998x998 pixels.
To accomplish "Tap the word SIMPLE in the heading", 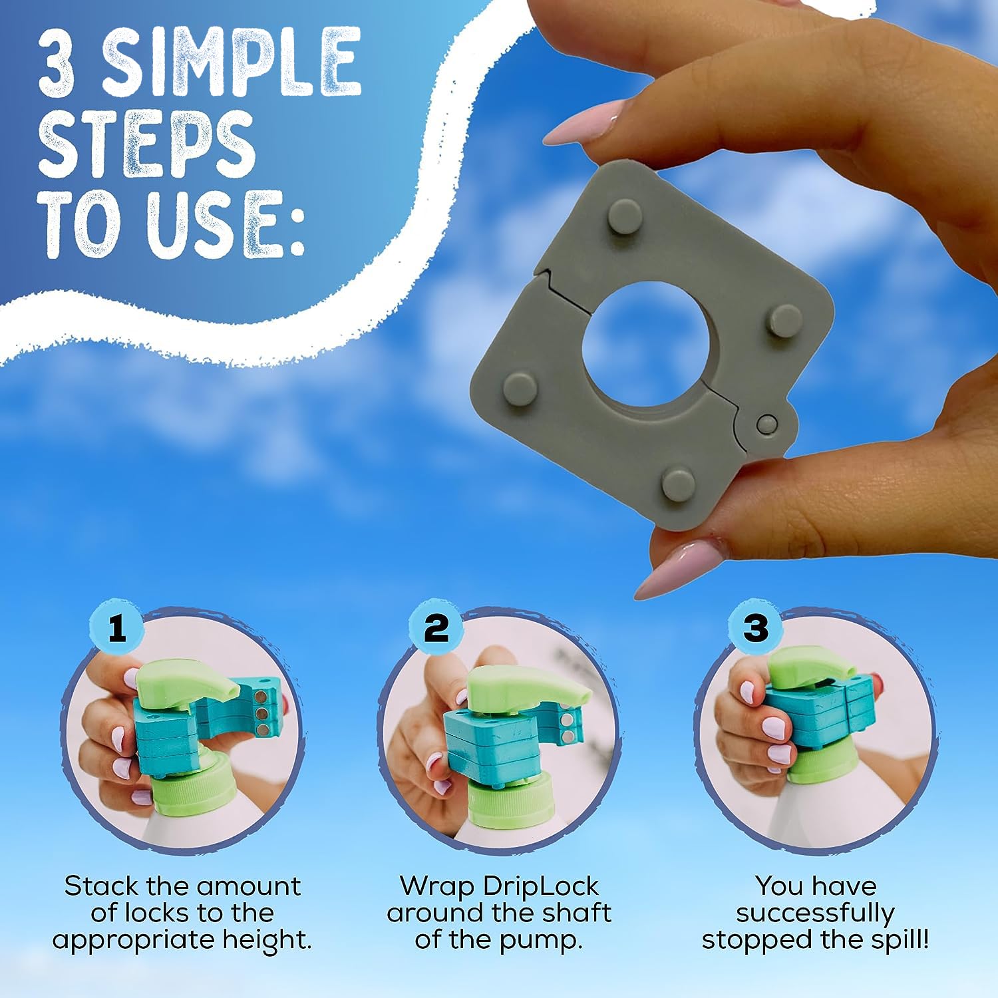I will coord(230,65).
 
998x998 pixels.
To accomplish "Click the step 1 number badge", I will coord(117,628).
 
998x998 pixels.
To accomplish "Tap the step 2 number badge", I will coord(436,628).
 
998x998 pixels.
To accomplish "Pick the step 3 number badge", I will coord(755,628).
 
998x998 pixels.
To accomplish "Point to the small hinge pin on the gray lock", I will coord(766,422).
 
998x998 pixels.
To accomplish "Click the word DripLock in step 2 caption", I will coord(540,887).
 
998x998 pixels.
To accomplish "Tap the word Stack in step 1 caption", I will coord(100,887).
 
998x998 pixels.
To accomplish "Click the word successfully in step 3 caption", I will coord(815,914).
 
